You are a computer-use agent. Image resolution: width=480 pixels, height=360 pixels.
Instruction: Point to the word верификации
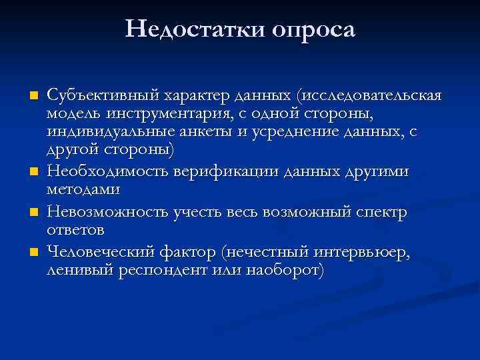(227, 172)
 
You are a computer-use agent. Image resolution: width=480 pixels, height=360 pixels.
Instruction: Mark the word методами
(83, 190)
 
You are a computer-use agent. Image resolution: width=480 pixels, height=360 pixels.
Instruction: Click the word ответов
(76, 230)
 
